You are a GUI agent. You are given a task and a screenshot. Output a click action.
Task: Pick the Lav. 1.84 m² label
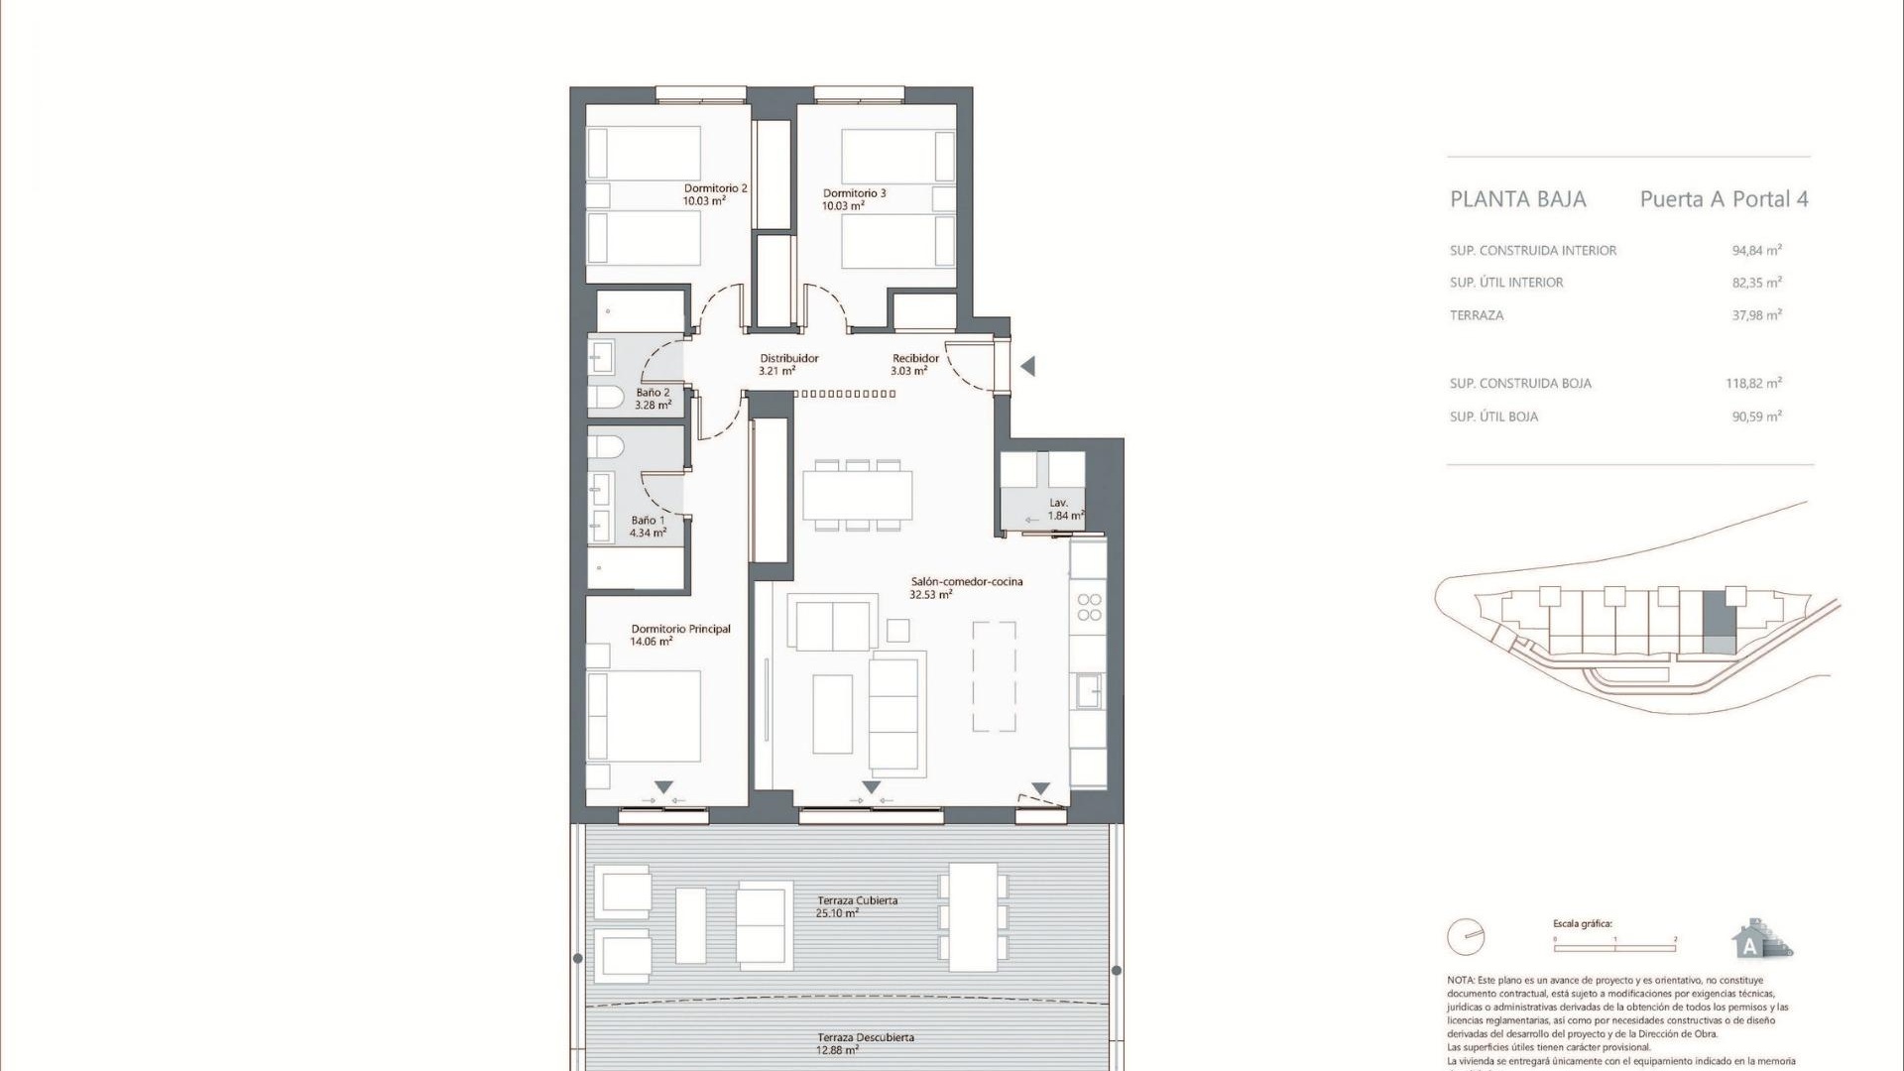pyautogui.click(x=1063, y=510)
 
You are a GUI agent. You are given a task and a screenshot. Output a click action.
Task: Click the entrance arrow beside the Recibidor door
pyautogui.click(x=1028, y=366)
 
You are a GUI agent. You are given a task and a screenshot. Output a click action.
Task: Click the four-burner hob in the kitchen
pyautogui.click(x=1089, y=607)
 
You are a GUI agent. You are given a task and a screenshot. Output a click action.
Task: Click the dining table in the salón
pyautogui.click(x=857, y=495)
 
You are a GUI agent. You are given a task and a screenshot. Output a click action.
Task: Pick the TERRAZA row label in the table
pyautogui.click(x=1477, y=315)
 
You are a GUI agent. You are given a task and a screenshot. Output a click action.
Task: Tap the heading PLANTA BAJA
pyautogui.click(x=1518, y=199)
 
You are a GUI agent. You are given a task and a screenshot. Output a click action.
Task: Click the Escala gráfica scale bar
pyautogui.click(x=1613, y=949)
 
